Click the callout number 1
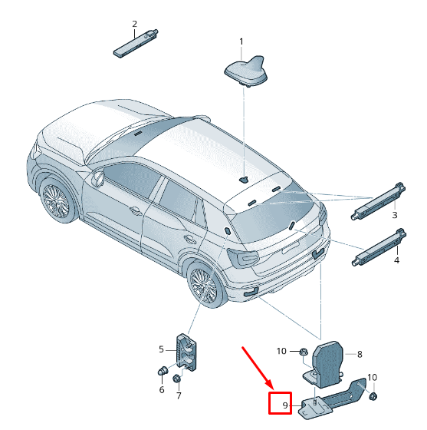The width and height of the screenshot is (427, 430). pyautogui.click(x=241, y=42)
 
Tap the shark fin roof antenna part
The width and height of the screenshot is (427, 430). pyautogui.click(x=245, y=71)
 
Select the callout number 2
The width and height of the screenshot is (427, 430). pyautogui.click(x=134, y=24)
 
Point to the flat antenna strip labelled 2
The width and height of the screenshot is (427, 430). pyautogui.click(x=136, y=43)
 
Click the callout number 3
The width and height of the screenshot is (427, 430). pyautogui.click(x=395, y=215)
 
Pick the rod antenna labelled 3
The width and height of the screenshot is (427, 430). pyautogui.click(x=378, y=201)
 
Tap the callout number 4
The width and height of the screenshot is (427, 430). pyautogui.click(x=396, y=260)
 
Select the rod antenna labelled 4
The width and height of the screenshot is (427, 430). pyautogui.click(x=379, y=247)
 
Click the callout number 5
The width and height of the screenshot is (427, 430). pyautogui.click(x=161, y=349)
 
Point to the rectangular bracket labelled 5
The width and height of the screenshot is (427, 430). pyautogui.click(x=187, y=352)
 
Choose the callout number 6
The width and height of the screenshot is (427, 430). pyautogui.click(x=162, y=390)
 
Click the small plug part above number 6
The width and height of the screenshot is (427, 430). pyautogui.click(x=163, y=371)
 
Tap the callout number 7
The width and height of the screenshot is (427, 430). pyautogui.click(x=179, y=395)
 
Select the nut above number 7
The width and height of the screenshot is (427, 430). pyautogui.click(x=176, y=379)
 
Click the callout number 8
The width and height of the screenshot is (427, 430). pyautogui.click(x=360, y=354)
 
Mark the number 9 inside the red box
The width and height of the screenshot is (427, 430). pyautogui.click(x=285, y=405)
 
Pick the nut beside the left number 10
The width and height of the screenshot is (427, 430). pyautogui.click(x=303, y=352)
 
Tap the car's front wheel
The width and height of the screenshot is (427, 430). pyautogui.click(x=57, y=201)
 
